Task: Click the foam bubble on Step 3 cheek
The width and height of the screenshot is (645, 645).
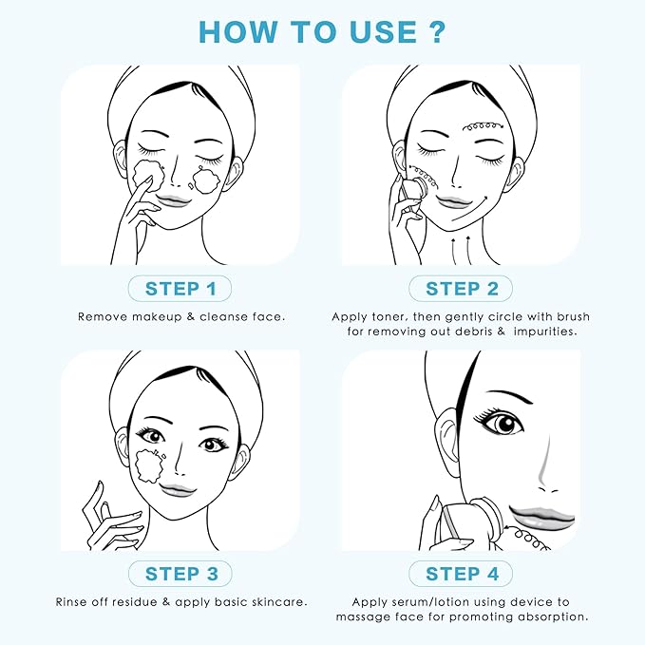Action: tap(153, 466)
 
